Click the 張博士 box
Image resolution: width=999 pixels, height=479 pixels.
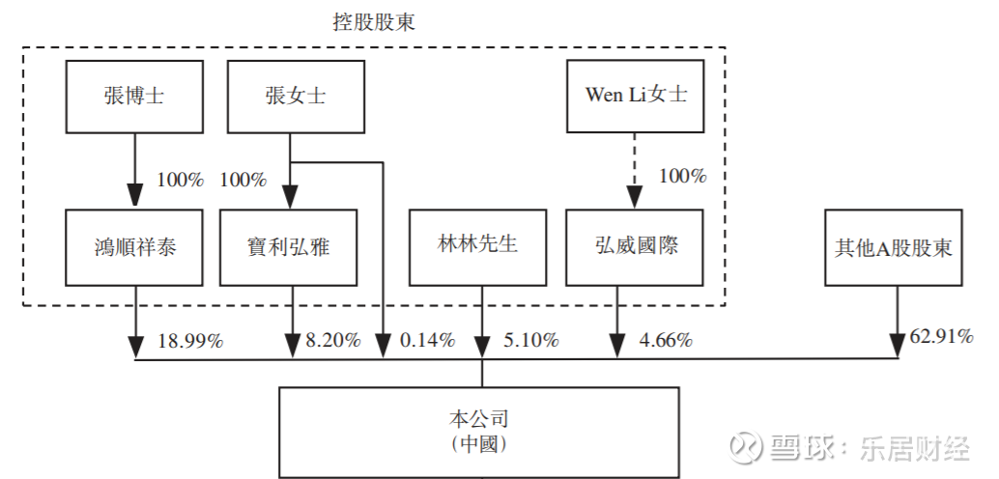click(133, 96)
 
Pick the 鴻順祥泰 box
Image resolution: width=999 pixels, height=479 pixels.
click(133, 246)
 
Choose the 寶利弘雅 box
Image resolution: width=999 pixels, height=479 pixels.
click(289, 246)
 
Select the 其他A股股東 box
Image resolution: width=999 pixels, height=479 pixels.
click(894, 246)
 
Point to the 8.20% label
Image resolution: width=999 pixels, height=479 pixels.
click(333, 340)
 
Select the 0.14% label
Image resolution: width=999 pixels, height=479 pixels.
click(426, 340)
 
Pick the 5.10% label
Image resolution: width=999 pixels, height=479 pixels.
click(530, 340)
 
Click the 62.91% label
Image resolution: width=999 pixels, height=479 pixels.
click(941, 337)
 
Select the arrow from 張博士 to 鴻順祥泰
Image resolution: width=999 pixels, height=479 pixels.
click(133, 169)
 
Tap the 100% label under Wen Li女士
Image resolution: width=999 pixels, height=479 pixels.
click(682, 177)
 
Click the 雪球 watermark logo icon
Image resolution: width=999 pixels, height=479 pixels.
click(746, 446)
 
